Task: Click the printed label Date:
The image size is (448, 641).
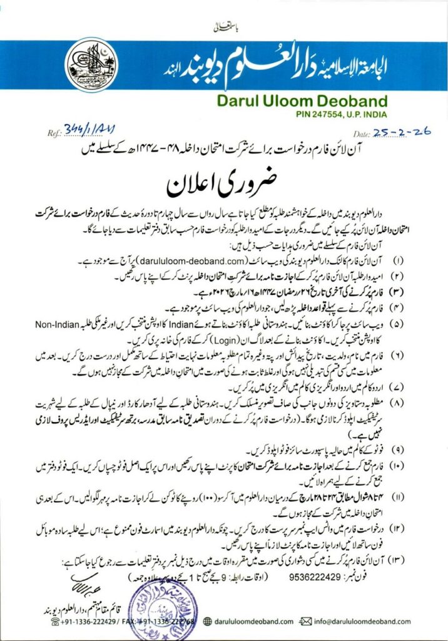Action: pos(362,134)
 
